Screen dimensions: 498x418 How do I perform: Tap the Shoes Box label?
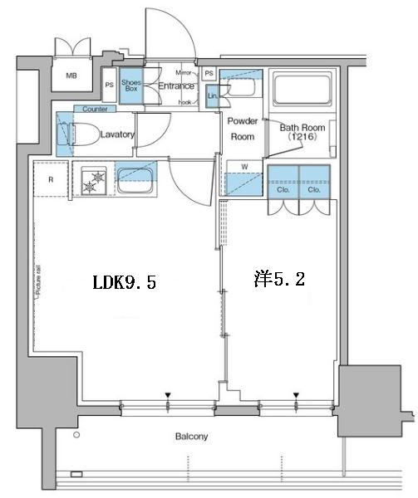point(131,85)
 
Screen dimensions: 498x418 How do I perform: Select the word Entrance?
point(175,85)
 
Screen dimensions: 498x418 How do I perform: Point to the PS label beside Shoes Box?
point(110,85)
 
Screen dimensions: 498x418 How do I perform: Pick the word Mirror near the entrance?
point(184,73)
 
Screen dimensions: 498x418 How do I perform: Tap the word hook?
point(184,101)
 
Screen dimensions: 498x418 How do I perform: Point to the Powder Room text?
point(243,129)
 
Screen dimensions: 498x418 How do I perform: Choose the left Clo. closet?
point(283,189)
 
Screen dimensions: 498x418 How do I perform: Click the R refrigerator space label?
point(51,179)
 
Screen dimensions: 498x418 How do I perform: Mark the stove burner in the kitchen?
point(95,179)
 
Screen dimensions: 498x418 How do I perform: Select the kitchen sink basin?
point(135,175)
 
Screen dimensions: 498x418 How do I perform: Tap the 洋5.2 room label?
point(279,280)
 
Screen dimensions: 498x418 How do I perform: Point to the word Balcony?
point(191,437)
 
